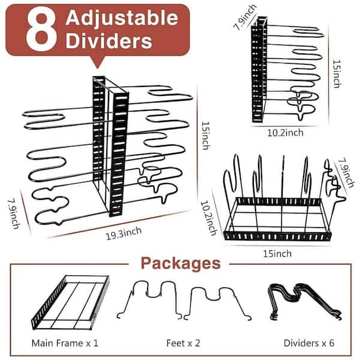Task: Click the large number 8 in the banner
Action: (41, 30)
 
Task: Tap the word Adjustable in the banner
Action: (122, 19)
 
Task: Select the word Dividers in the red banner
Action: (109, 41)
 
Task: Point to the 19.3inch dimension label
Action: (123, 233)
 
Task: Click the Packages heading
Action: (181, 263)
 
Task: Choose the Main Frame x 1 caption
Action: (65, 343)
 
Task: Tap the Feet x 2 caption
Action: (183, 343)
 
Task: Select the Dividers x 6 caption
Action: (309, 343)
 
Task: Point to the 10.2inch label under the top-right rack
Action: (285, 133)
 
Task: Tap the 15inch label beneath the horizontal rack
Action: (277, 254)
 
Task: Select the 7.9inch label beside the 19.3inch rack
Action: (14, 214)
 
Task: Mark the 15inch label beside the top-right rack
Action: (337, 74)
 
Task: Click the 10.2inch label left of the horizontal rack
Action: (209, 218)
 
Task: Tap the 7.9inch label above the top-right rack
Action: (245, 17)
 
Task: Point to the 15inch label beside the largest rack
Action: (205, 136)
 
